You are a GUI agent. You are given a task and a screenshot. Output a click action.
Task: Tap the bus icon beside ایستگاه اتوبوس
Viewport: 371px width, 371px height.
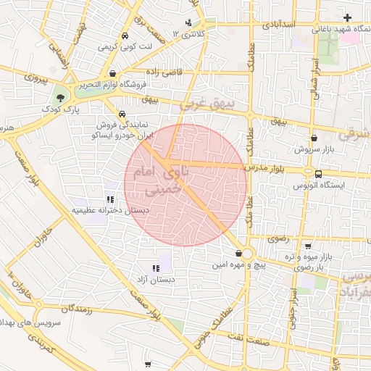point(318,173)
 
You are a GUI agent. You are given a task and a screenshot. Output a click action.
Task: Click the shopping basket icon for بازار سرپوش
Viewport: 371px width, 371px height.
point(313,137)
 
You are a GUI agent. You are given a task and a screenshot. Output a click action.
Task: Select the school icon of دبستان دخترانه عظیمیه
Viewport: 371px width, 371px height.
point(110,199)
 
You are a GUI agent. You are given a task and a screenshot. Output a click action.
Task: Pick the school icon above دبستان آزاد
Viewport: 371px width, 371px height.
point(156,268)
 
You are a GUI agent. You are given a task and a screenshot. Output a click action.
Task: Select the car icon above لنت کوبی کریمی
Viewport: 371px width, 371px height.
point(125,35)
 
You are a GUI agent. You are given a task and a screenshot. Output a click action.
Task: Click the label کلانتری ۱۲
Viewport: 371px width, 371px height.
point(191,34)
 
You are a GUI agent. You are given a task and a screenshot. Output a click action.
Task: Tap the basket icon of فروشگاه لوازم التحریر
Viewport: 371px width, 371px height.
point(114,73)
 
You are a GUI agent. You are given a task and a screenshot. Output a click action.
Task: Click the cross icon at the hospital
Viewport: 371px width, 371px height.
point(348,17)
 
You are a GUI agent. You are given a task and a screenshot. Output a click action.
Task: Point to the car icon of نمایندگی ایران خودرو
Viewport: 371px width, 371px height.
point(122,114)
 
